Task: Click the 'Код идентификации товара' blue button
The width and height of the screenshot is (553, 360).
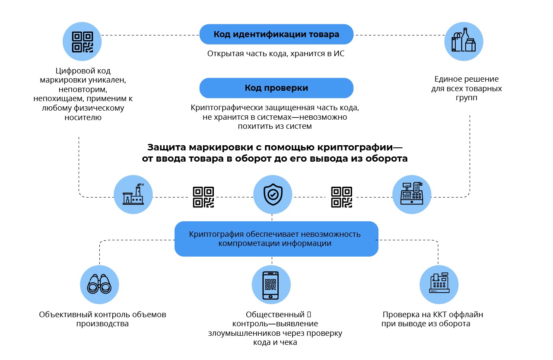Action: (276, 34)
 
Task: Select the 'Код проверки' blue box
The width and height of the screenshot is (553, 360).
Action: (276, 88)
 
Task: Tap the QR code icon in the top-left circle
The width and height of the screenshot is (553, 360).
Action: (82, 42)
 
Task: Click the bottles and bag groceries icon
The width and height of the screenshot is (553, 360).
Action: (464, 41)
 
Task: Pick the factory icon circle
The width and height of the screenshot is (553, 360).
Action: (133, 194)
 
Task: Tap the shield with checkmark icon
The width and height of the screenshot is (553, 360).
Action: (272, 194)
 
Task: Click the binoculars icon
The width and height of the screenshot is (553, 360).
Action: (99, 285)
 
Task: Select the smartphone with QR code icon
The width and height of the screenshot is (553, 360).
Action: (271, 285)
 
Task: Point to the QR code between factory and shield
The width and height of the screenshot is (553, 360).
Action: (203, 197)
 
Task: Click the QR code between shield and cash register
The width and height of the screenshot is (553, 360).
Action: (341, 197)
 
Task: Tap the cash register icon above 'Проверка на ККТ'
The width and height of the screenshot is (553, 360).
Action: (439, 285)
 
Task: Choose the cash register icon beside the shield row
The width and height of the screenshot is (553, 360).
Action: (411, 194)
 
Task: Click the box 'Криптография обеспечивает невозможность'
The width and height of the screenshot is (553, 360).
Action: (276, 239)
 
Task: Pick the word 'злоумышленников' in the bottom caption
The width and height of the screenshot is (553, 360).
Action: (239, 333)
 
